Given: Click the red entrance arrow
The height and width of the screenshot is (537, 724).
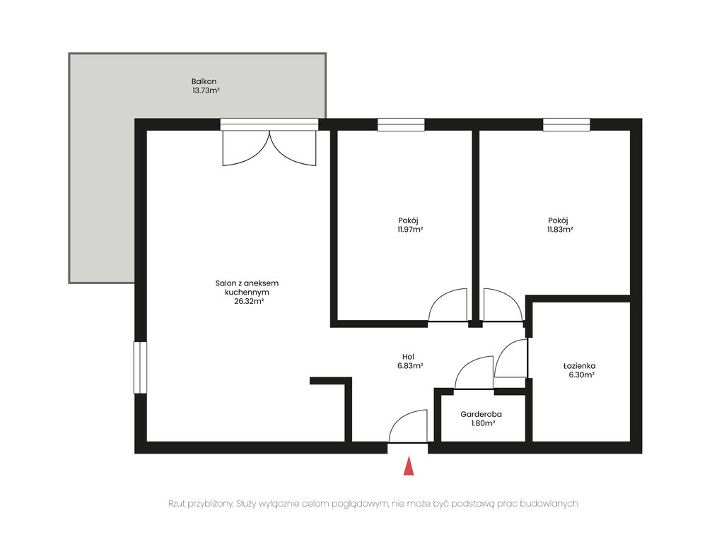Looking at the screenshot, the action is click(409, 466).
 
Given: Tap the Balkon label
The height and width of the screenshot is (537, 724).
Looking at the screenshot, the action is click(204, 82).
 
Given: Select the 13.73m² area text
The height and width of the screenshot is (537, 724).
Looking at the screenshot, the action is click(206, 91).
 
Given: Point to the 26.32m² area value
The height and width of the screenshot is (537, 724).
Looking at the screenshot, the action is click(248, 301).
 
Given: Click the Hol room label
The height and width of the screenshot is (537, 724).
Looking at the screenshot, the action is click(408, 357).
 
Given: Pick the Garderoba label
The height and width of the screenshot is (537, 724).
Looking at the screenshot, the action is click(481, 414).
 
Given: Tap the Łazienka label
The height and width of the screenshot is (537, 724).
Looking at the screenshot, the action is click(579, 366).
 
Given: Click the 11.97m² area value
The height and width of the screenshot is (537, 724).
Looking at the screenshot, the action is click(410, 230).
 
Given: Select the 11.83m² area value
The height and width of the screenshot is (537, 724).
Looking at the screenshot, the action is click(560, 230).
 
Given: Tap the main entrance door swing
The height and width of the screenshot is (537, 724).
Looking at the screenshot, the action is click(408, 426).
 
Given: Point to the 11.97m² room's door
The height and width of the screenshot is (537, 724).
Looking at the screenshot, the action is click(448, 305).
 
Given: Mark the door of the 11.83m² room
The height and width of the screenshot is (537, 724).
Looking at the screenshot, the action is click(503, 305).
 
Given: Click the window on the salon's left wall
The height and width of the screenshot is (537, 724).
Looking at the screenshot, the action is click(141, 367).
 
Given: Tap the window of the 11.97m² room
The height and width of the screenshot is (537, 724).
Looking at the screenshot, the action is click(401, 124).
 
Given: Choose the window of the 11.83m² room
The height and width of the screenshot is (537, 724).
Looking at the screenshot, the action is click(566, 124).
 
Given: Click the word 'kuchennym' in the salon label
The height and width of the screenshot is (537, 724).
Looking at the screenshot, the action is click(247, 293).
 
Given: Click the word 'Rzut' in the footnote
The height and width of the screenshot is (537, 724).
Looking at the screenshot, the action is click(177, 503).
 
